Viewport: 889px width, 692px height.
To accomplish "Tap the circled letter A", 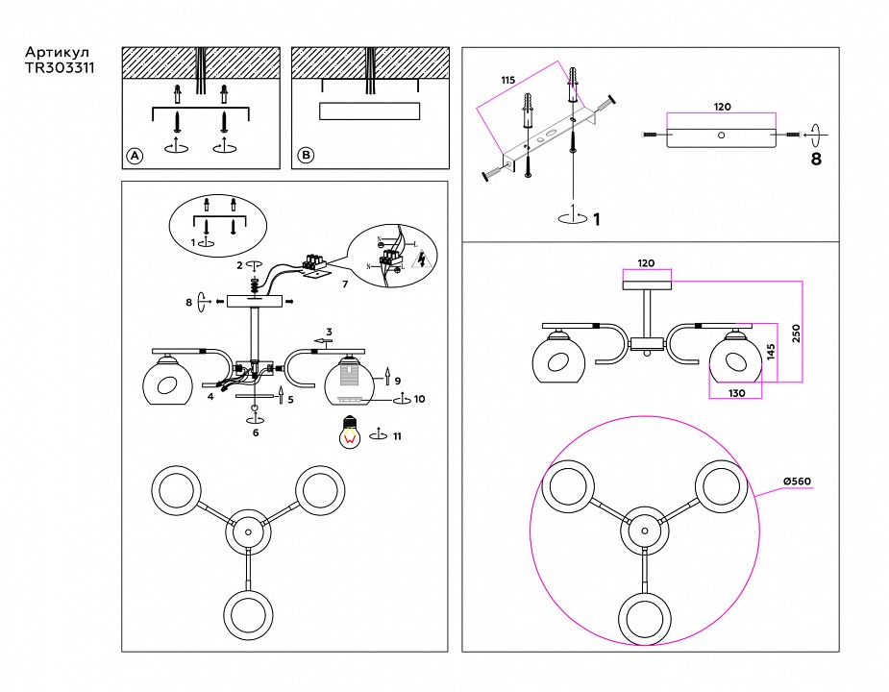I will click(135, 156).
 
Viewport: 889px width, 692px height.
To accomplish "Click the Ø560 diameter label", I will click(799, 482).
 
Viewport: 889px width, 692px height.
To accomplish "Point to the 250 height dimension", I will click(796, 333).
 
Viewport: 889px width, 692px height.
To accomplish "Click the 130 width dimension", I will click(735, 392).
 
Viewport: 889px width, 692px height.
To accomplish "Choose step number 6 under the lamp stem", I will click(255, 432).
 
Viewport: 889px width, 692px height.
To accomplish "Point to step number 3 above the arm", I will click(328, 331).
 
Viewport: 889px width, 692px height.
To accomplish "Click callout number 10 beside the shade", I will click(419, 398).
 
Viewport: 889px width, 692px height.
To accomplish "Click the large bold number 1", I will click(596, 219).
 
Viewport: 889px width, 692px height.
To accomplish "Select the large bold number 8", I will click(816, 160).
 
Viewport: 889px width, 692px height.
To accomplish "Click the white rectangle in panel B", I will click(369, 111).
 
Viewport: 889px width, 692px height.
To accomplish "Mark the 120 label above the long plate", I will click(722, 108).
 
